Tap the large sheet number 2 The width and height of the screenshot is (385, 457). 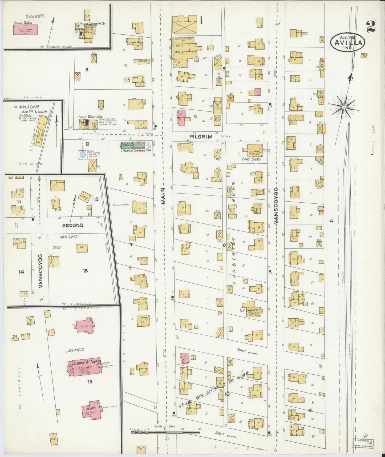coord(371,26)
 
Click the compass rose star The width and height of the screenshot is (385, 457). coord(344,107)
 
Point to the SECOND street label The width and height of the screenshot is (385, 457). coord(72,225)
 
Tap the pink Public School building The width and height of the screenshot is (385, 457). coord(26,30)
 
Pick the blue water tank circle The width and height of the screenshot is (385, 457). coord(83,154)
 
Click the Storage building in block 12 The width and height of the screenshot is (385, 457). coord(85,197)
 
